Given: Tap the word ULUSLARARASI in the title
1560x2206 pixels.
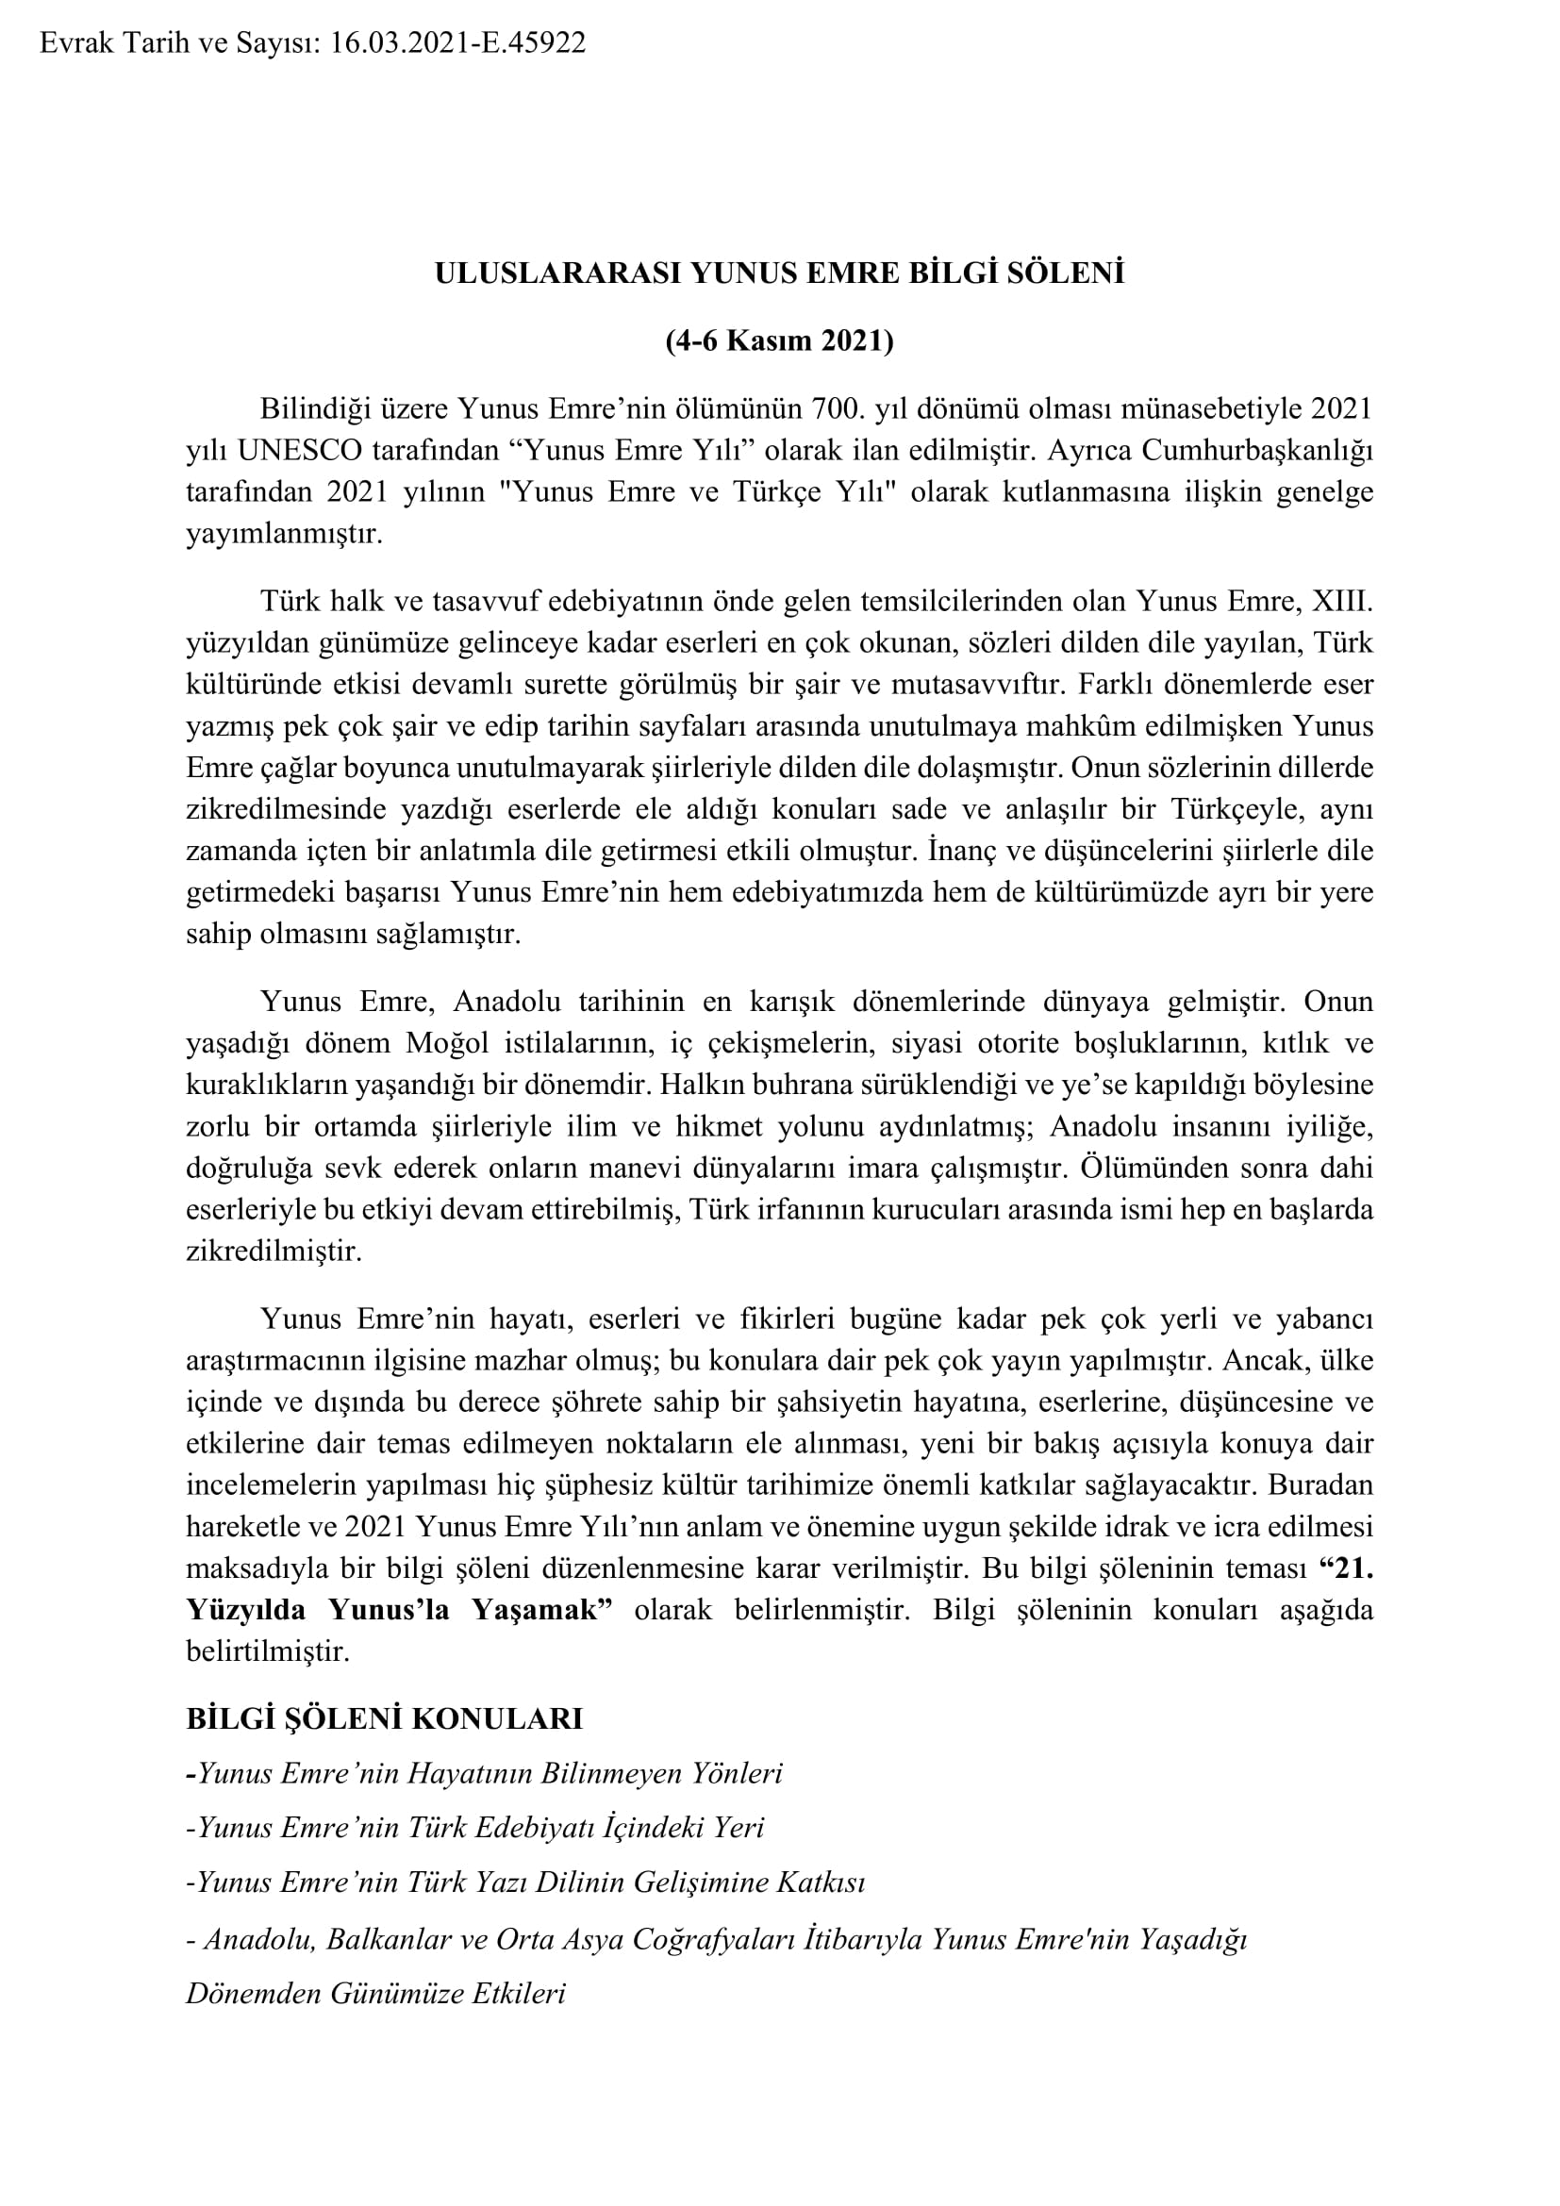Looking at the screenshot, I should tap(559, 274).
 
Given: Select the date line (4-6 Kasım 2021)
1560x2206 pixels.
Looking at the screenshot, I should tap(779, 341).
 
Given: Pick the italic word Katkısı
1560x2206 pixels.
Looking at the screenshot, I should tap(819, 1882).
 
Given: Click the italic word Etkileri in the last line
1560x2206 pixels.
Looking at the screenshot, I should tap(519, 1993).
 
